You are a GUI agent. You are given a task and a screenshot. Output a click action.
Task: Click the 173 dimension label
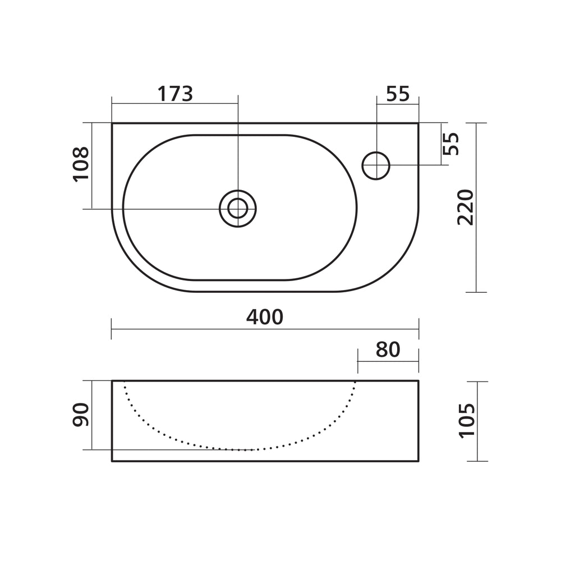(x=175, y=94)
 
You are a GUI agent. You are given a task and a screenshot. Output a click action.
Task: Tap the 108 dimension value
(x=81, y=164)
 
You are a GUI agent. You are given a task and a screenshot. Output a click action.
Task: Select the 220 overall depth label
(x=466, y=208)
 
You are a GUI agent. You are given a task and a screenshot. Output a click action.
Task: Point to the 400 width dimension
(x=265, y=317)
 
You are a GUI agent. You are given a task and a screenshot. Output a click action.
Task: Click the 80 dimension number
(x=388, y=350)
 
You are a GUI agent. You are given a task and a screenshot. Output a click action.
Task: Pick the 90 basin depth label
(x=81, y=415)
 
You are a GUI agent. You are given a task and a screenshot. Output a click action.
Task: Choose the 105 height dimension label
(x=467, y=420)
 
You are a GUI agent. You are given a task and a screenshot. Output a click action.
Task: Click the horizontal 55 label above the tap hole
(x=398, y=94)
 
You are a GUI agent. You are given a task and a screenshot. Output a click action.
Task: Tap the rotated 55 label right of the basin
(x=451, y=144)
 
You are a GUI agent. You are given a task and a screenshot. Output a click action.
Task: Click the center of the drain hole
(x=238, y=208)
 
